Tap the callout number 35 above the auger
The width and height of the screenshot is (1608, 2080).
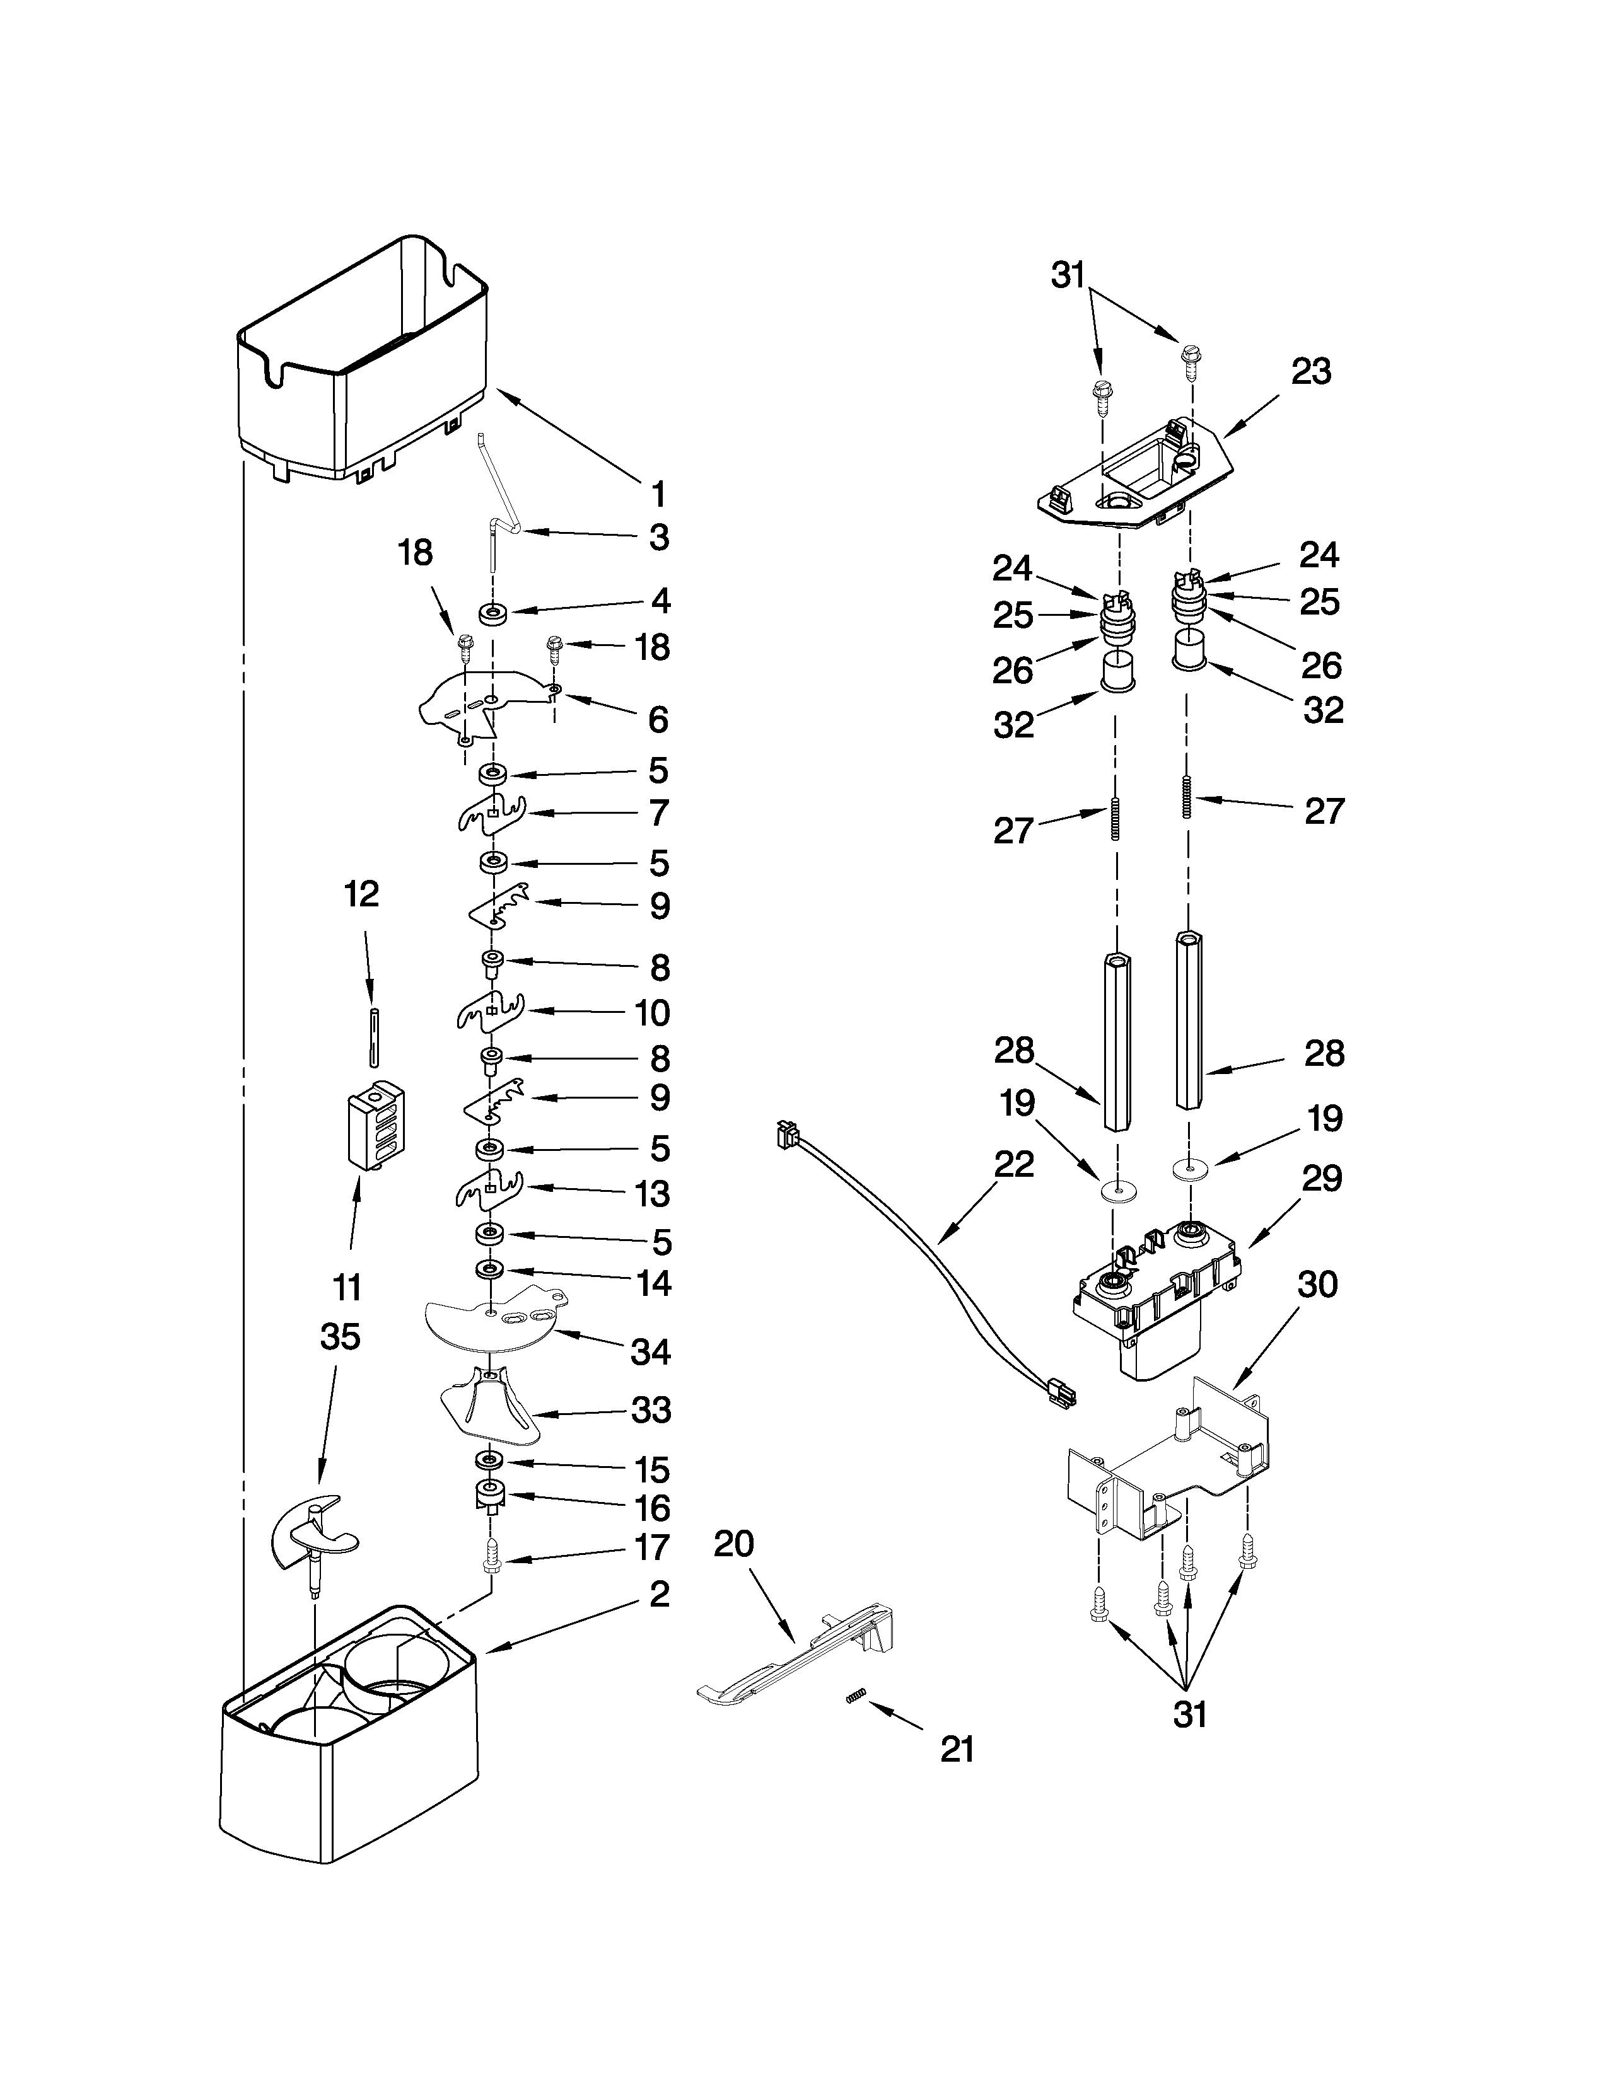(340, 1336)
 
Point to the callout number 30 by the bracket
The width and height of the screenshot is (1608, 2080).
(1317, 1284)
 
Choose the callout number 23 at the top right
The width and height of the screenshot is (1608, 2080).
(1311, 371)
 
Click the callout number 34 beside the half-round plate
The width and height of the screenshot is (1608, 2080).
(651, 1351)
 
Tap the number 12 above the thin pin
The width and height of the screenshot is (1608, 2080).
(362, 893)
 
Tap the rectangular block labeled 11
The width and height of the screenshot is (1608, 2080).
(375, 1130)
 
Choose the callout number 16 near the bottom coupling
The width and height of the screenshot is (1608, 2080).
(651, 1508)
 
